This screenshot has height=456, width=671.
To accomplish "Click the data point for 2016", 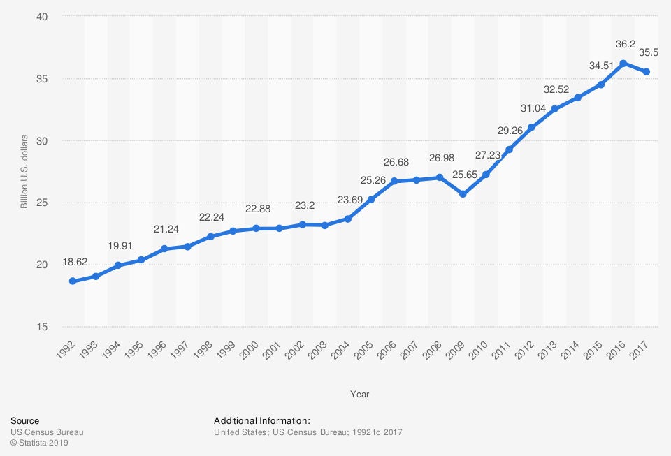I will click(x=623, y=64).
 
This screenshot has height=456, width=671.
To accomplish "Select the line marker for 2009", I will click(x=462, y=193).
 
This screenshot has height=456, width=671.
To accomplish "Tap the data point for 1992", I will click(x=72, y=281).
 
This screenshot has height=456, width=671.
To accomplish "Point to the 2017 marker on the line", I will click(x=647, y=72).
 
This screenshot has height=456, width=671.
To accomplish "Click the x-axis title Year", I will click(x=359, y=395).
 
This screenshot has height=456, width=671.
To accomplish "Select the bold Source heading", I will click(x=24, y=420).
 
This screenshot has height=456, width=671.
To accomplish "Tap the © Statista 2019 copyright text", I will click(x=40, y=443).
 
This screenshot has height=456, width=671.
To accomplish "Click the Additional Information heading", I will click(x=261, y=420).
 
